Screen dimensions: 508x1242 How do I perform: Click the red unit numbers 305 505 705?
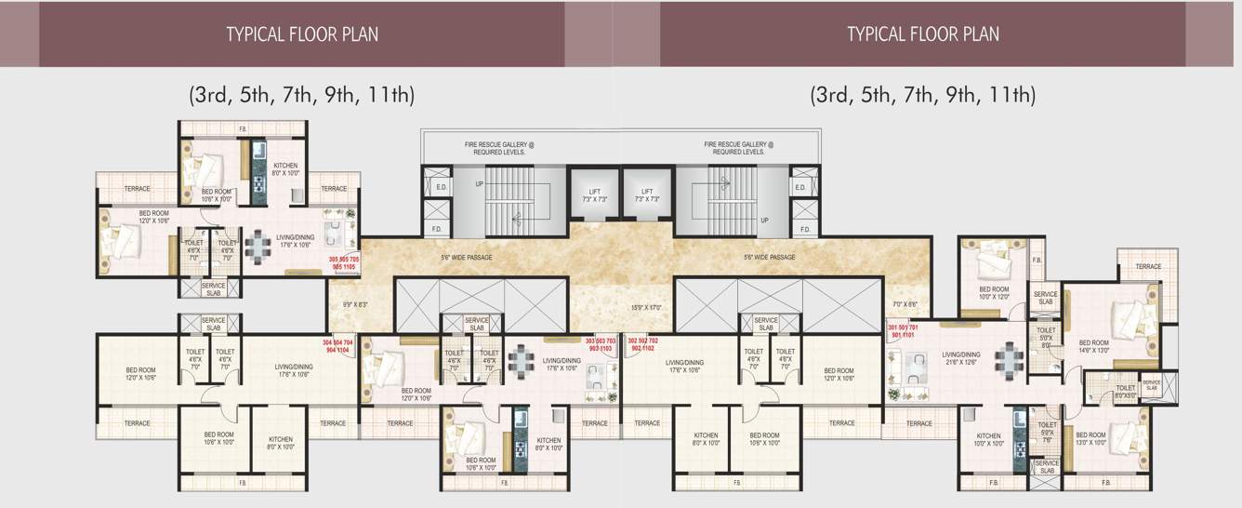click(344, 262)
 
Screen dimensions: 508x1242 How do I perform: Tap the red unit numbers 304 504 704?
click(337, 346)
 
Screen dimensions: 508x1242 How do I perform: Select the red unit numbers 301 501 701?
click(903, 332)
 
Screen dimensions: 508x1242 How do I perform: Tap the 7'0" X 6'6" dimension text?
click(905, 304)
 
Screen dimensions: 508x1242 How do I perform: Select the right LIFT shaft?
click(648, 194)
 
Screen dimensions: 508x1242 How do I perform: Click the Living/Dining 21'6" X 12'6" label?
click(960, 358)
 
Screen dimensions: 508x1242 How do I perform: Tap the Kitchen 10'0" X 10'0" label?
click(988, 440)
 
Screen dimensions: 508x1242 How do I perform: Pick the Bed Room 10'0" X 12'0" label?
click(994, 293)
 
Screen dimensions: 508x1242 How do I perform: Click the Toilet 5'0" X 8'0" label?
click(1046, 336)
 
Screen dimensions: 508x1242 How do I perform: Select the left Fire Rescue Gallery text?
click(499, 148)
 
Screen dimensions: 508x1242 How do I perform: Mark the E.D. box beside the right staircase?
click(799, 188)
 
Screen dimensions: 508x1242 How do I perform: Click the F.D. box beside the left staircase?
click(436, 229)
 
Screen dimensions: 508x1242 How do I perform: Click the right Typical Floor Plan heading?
click(922, 34)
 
